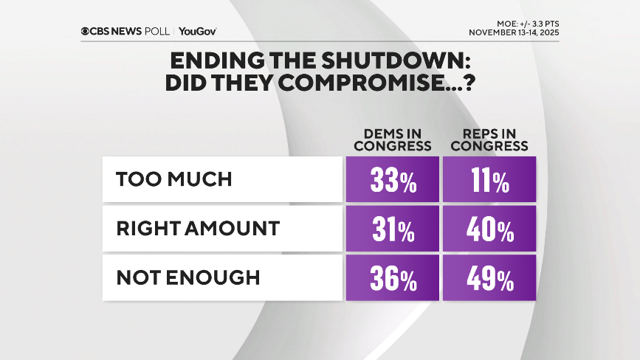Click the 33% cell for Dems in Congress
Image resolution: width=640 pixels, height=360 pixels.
[x=392, y=179]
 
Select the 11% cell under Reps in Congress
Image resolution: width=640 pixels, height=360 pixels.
[x=489, y=179]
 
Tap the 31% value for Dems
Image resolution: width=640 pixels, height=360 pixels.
[x=392, y=229]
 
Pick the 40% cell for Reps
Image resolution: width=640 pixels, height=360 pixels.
[x=489, y=229]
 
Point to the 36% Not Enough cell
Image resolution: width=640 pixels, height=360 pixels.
[x=392, y=278]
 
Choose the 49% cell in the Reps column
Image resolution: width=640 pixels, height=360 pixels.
[x=489, y=278]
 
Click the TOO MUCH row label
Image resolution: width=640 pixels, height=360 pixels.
[x=174, y=179]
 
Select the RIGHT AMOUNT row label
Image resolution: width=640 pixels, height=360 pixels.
[x=198, y=229]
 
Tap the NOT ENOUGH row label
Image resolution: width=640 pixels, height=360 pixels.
[x=188, y=278]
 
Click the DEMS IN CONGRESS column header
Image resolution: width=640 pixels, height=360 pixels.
[x=392, y=139]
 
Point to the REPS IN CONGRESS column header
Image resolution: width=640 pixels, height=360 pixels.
[x=489, y=139]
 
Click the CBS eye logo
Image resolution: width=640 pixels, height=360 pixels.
[x=86, y=31]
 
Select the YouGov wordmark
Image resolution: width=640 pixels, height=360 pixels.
[x=197, y=31]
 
